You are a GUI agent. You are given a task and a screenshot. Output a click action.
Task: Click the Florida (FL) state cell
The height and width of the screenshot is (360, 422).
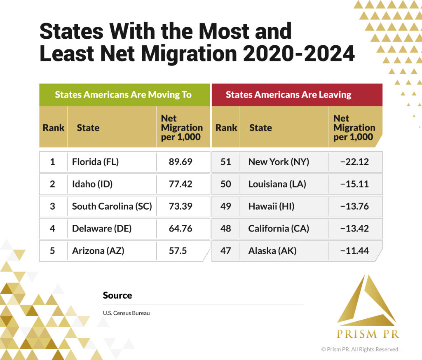95,162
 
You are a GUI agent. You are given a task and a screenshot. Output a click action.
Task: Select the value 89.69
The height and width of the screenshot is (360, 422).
181,162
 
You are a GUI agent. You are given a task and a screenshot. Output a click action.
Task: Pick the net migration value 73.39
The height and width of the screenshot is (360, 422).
181,206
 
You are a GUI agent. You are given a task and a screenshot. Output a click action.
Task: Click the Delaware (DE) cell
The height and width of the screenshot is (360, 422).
102,228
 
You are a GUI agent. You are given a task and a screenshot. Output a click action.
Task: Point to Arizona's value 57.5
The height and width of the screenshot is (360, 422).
178,250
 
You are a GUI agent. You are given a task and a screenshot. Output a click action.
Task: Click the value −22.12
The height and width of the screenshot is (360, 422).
354,162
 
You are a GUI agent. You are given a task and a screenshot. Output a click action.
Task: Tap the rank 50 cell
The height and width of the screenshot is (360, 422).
226,184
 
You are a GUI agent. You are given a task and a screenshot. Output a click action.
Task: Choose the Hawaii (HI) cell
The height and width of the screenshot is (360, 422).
271,206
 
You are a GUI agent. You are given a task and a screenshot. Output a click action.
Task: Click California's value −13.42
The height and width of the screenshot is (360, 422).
354,228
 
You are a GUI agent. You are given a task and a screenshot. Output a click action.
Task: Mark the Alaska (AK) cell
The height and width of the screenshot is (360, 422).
272,250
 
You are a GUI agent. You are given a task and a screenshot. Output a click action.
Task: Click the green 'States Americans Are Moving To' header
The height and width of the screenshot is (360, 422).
123,95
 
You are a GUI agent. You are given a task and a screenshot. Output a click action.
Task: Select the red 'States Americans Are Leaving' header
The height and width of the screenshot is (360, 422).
288,95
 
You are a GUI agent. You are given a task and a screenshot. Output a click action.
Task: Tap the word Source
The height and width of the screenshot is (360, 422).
117,295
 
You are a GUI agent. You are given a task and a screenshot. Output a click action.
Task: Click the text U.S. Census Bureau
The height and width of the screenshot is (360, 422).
126,313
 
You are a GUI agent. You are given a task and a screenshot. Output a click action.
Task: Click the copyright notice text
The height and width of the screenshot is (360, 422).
360,349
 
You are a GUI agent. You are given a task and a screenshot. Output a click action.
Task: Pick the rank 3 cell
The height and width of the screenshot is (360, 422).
52,206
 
